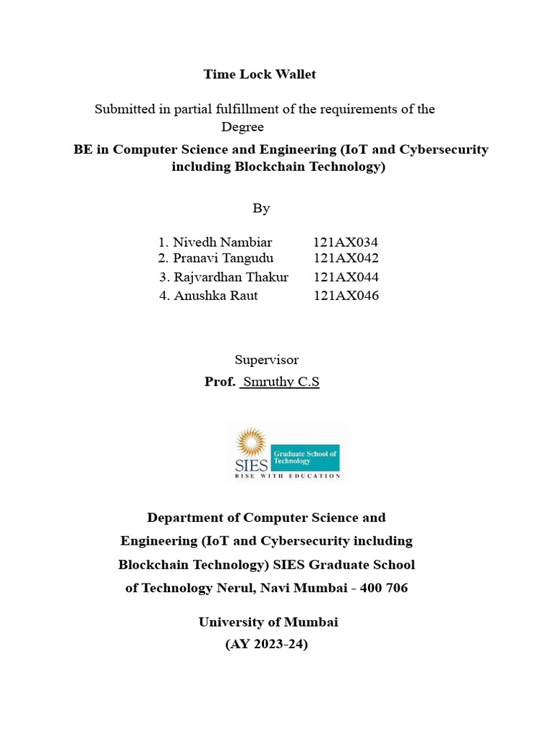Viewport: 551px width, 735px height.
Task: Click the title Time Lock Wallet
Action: [x=260, y=74]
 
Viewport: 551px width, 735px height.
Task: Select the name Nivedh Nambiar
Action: [x=222, y=243]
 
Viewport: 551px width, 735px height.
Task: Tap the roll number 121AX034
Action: [x=346, y=243]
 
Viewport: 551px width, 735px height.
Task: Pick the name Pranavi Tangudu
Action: [x=222, y=258]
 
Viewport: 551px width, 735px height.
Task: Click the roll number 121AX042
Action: [x=346, y=258]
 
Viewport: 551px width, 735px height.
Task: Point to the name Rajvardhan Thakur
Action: [x=230, y=277]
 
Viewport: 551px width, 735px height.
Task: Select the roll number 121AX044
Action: [x=346, y=277]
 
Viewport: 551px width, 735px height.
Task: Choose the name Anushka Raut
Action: [x=215, y=296]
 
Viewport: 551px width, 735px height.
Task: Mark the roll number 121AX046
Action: [x=346, y=296]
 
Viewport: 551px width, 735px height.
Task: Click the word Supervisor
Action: [x=266, y=360]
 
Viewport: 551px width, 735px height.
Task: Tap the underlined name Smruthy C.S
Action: [x=280, y=382]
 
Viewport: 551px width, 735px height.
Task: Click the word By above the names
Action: [x=261, y=208]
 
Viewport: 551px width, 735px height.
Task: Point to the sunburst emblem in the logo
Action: [x=251, y=441]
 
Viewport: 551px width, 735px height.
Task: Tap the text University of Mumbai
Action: [x=268, y=622]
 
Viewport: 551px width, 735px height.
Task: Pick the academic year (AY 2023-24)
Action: [x=267, y=644]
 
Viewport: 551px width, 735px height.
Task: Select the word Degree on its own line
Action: [x=242, y=127]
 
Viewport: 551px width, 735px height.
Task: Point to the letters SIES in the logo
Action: [x=251, y=464]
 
